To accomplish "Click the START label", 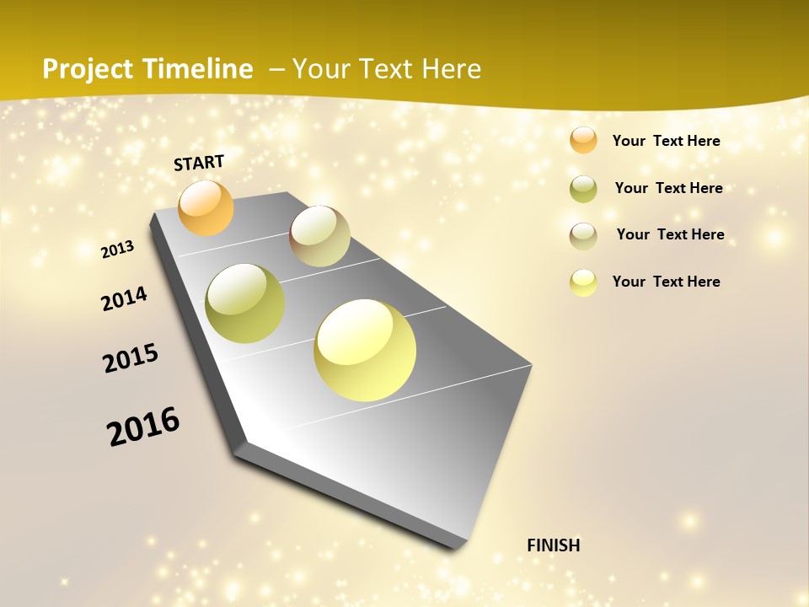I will pos(199,163).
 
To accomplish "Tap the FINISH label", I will pos(554,545).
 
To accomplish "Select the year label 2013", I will pos(118,249).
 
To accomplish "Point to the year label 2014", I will pos(125,298).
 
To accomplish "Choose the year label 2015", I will pos(131,357).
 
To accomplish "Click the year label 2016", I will pos(144,427).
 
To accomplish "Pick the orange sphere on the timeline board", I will pos(206,207).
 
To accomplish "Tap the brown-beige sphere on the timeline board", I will pos(319,236).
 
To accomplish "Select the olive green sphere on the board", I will pos(245,303).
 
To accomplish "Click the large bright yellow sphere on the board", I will pos(365,350).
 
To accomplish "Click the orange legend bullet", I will pos(583,140).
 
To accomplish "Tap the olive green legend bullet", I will pos(583,189).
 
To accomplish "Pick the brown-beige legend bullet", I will pos(583,236).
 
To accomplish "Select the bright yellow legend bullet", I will pos(583,282).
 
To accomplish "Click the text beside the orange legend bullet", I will pos(666,141).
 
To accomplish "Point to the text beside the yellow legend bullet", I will pos(666,282).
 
